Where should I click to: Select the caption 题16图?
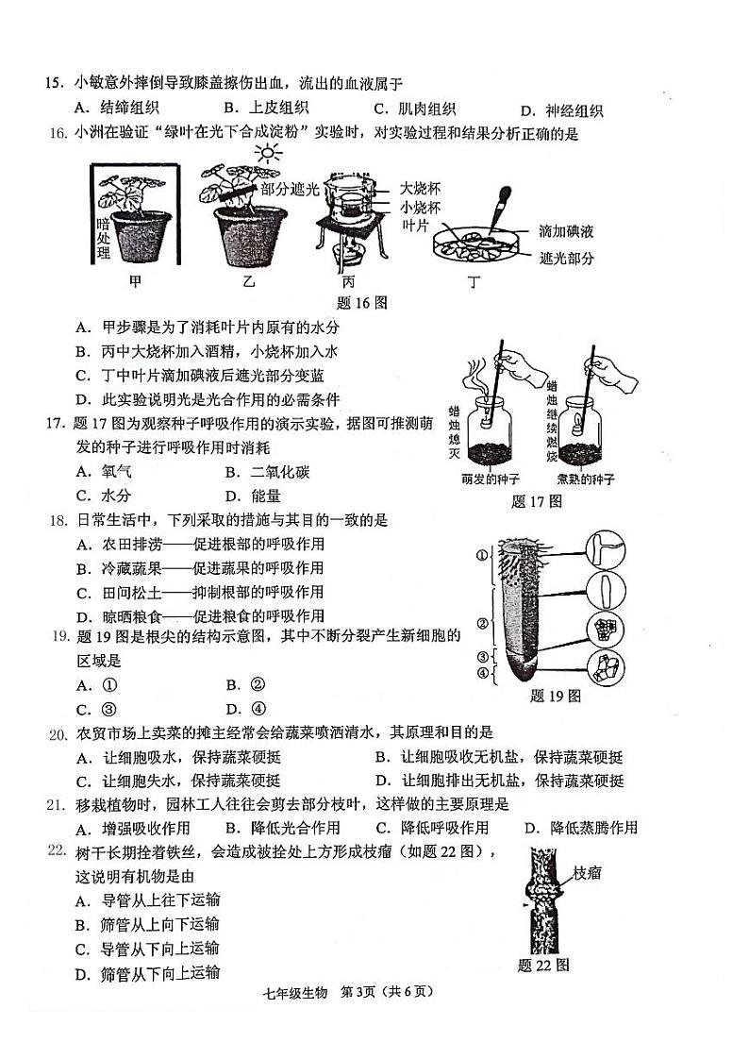click(x=362, y=303)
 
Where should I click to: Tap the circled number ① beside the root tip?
click(x=480, y=555)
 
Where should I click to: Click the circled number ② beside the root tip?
click(x=480, y=623)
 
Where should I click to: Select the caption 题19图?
click(x=555, y=697)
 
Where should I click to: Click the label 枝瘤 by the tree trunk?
click(x=587, y=874)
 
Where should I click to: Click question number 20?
click(x=57, y=733)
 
